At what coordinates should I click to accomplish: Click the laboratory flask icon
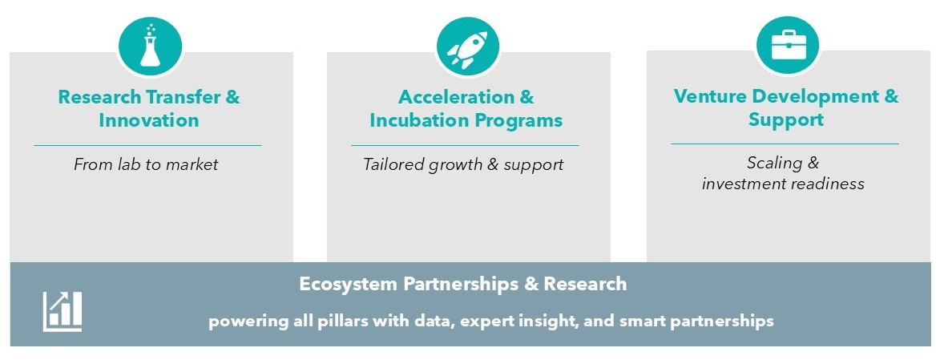pyautogui.click(x=150, y=47)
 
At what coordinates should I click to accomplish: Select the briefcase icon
pyautogui.click(x=788, y=45)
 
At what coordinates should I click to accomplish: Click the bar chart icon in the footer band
pyautogui.click(x=63, y=311)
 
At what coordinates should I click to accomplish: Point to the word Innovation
pyautogui.click(x=149, y=120)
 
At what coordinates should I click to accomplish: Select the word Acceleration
pyautogui.click(x=456, y=96)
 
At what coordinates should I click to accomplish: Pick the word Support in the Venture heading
pyautogui.click(x=785, y=119)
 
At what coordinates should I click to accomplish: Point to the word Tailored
pyautogui.click(x=393, y=164)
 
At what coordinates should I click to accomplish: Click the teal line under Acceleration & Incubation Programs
pyautogui.click(x=465, y=145)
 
